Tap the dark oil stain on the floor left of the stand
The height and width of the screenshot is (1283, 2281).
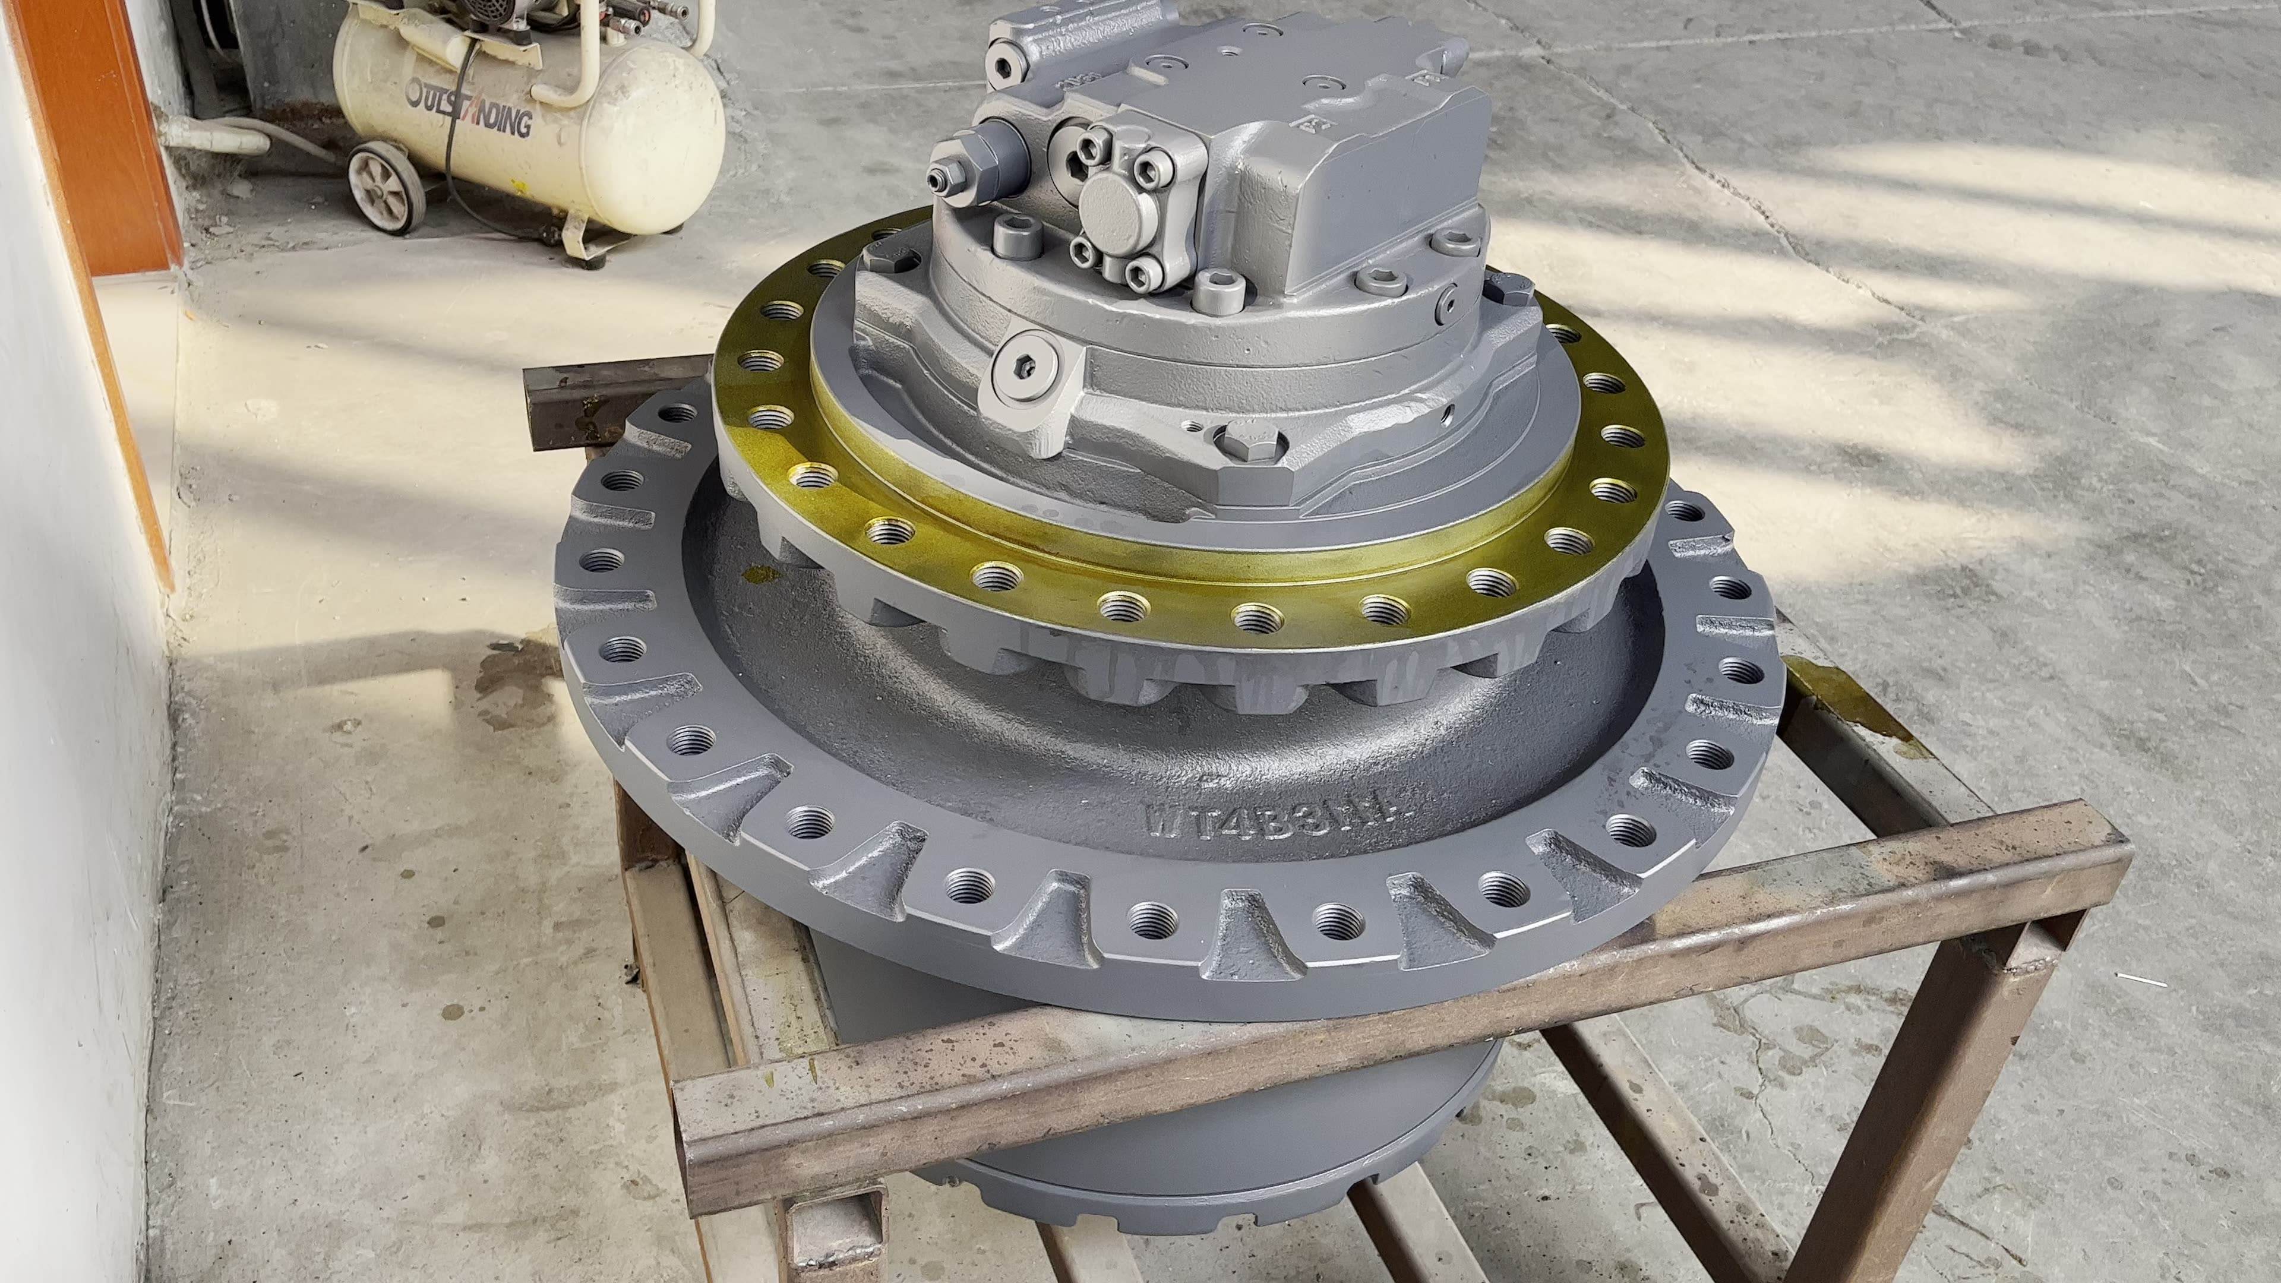(505, 677)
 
